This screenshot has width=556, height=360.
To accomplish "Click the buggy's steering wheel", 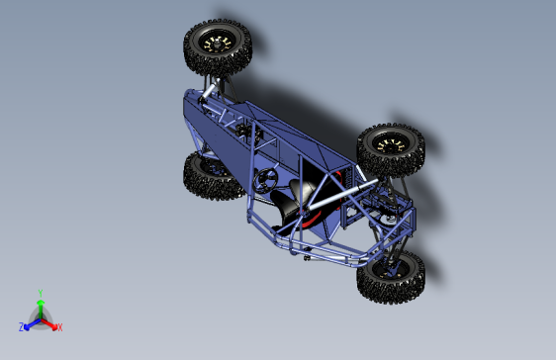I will tap(265, 180).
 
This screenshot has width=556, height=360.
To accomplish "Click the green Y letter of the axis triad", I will tap(40, 293).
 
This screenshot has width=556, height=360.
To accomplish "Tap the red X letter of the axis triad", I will tap(59, 326).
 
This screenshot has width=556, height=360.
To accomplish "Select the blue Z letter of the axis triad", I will tap(21, 326).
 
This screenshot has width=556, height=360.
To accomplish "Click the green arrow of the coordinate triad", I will tap(40, 306).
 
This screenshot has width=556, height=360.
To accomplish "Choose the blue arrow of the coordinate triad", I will tap(31, 322).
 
